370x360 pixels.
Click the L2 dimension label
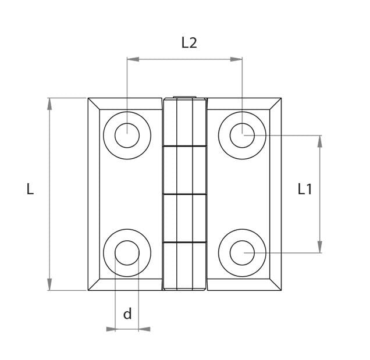coord(189,42)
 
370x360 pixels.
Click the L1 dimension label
coord(305,189)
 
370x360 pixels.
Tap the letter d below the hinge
coord(127,313)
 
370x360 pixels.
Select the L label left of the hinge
coord(30,189)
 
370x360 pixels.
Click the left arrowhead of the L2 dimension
coord(133,59)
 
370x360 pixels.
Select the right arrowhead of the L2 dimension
coord(236,59)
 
